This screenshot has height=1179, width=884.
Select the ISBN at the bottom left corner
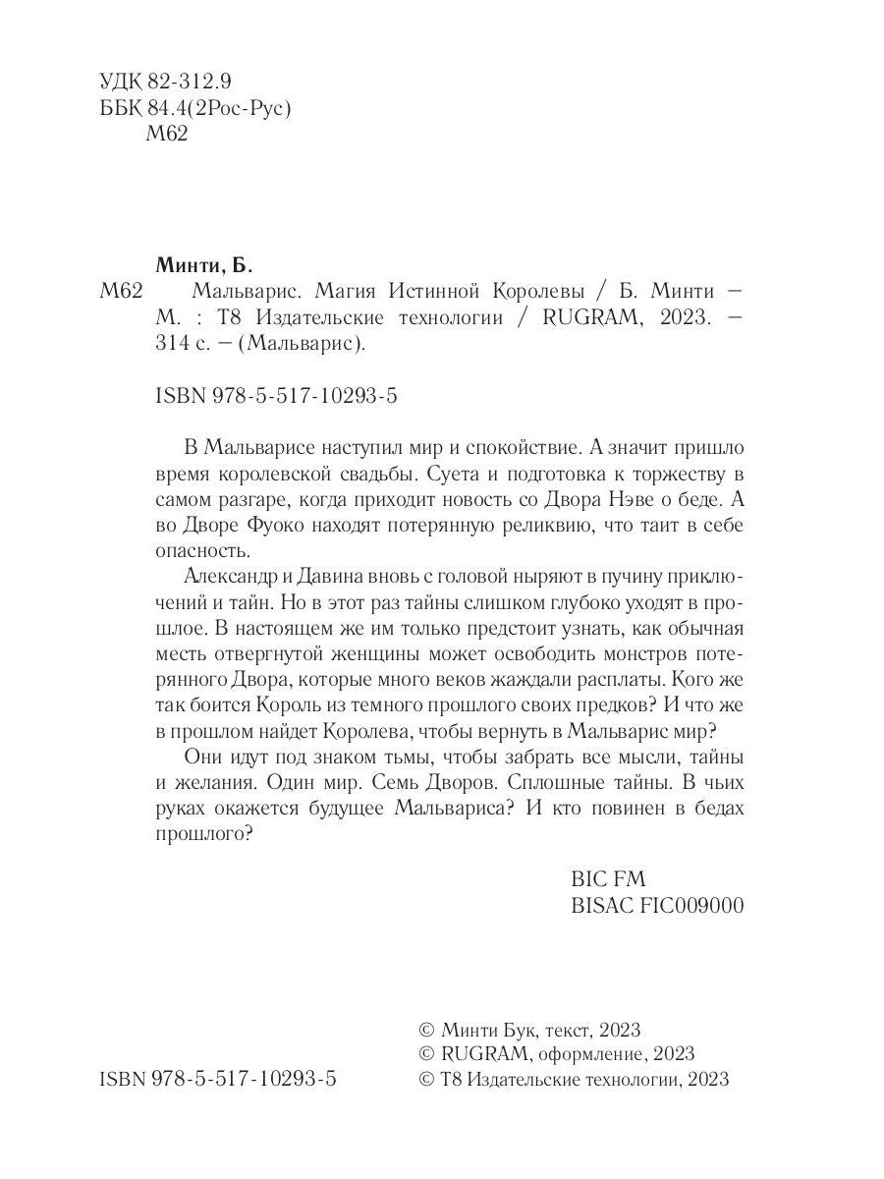218,1079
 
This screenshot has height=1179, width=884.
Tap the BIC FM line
608,878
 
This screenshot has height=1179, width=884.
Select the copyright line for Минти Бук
529,1029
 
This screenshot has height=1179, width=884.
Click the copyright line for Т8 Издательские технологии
574,1079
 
